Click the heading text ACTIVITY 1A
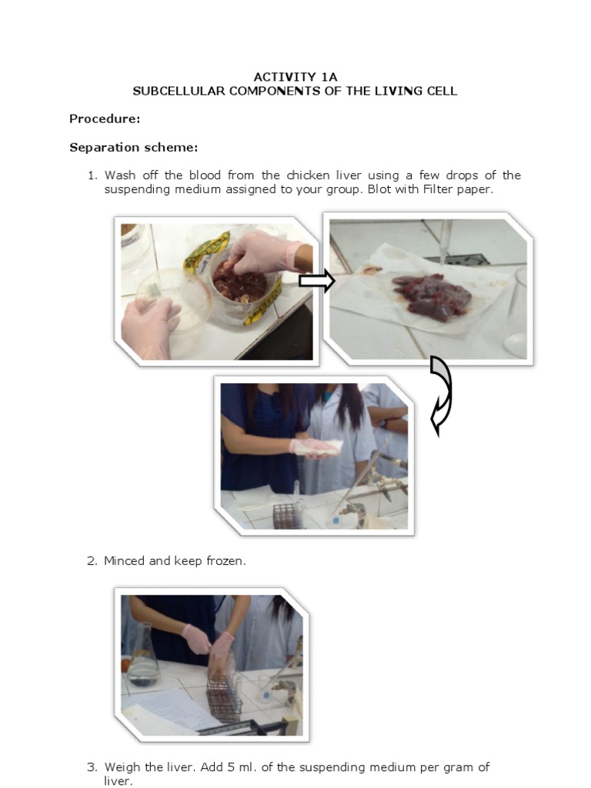(295, 77)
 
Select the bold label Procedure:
(105, 119)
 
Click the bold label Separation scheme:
(134, 147)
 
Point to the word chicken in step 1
(308, 175)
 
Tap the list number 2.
(92, 561)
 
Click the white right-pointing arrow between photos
(316, 280)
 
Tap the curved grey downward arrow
(440, 396)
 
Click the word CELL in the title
(442, 91)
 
